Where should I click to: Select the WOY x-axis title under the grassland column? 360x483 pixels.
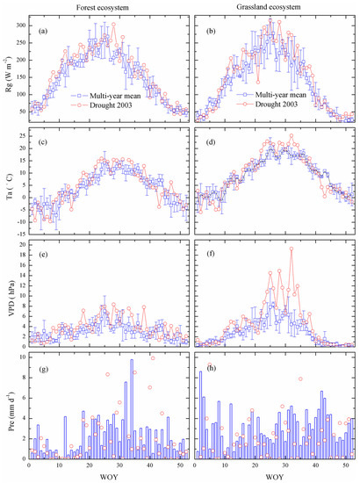pyautogui.click(x=275, y=478)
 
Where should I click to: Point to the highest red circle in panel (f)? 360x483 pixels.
pyautogui.click(x=291, y=249)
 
